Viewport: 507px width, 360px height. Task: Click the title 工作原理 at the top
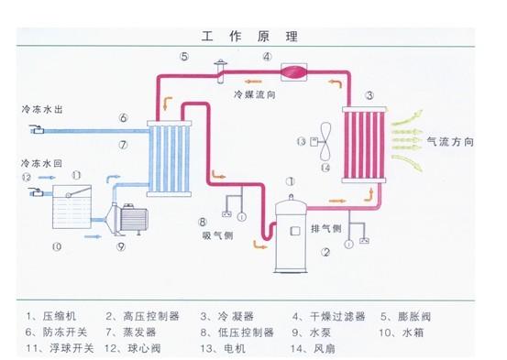(x=254, y=37)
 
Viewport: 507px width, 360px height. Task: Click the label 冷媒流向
(x=254, y=93)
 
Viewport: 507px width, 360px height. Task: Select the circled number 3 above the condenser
(x=368, y=94)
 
